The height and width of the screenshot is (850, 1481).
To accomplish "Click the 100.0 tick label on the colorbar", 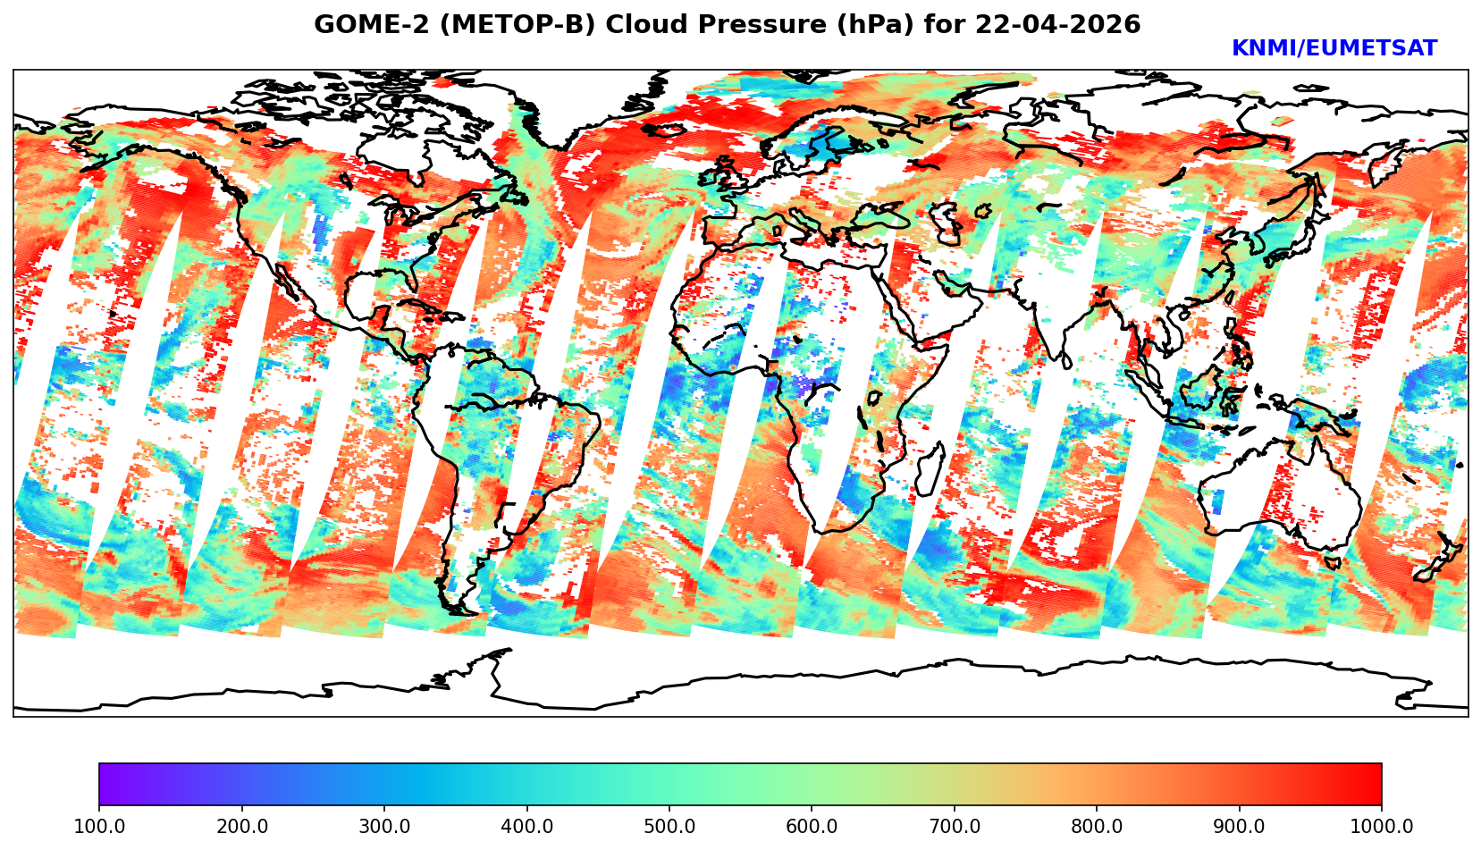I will click(x=99, y=827).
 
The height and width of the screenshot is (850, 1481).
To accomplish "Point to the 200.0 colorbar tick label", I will click(x=241, y=827).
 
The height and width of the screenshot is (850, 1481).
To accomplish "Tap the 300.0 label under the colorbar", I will click(x=384, y=827).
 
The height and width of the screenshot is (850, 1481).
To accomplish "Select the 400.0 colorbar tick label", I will click(x=526, y=827).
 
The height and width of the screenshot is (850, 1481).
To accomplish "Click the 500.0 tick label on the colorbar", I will click(x=669, y=827).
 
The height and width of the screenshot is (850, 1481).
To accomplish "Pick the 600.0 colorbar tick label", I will click(x=812, y=827).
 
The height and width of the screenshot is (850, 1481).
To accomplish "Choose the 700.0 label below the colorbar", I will click(x=955, y=827).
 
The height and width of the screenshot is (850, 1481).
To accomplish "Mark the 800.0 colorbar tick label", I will click(x=1097, y=827).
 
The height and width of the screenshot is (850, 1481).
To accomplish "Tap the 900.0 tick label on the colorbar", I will click(x=1240, y=827).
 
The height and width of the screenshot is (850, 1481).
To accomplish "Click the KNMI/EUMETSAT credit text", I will click(x=1334, y=49).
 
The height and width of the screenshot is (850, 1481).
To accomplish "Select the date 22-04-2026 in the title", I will click(x=1058, y=25).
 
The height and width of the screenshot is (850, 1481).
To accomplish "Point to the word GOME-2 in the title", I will click(x=362, y=25).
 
